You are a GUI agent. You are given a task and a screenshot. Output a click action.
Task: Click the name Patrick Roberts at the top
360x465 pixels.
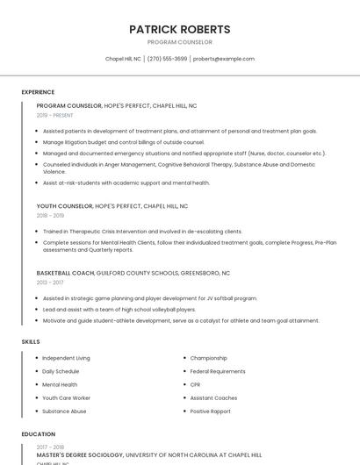pyautogui.click(x=179, y=29)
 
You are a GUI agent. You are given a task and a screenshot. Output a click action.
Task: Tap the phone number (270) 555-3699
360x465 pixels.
pyautogui.click(x=167, y=59)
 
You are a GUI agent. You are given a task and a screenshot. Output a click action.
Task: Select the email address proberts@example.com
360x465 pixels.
pyautogui.click(x=224, y=59)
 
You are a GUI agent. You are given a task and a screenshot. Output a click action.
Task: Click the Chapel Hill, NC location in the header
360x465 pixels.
pyautogui.click(x=123, y=59)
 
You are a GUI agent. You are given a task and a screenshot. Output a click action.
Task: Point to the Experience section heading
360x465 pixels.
pyautogui.click(x=38, y=92)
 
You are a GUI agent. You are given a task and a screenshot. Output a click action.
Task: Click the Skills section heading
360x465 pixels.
pyautogui.click(x=31, y=341)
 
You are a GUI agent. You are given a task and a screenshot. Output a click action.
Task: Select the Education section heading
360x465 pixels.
pyautogui.click(x=38, y=433)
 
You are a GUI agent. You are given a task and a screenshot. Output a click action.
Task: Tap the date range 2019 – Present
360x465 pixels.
pyautogui.click(x=55, y=115)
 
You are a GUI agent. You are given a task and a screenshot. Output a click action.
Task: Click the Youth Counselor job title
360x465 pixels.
pyautogui.click(x=65, y=206)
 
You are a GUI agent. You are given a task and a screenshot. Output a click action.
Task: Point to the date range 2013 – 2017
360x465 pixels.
pyautogui.click(x=50, y=283)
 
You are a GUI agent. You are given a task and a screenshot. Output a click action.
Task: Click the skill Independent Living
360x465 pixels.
pyautogui.click(x=66, y=358)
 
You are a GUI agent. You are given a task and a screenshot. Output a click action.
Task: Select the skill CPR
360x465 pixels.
pyautogui.click(x=196, y=384)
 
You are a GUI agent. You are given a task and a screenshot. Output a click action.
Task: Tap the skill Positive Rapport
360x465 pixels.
pyautogui.click(x=211, y=411)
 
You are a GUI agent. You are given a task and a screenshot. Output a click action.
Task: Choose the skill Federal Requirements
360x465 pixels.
pyautogui.click(x=218, y=371)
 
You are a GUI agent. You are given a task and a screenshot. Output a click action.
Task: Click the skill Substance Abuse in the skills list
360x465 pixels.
pyautogui.click(x=64, y=411)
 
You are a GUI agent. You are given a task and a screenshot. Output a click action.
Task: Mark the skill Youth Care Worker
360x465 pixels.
pyautogui.click(x=66, y=397)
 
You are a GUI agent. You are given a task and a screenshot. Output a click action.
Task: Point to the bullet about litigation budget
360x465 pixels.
pyautogui.click(x=123, y=141)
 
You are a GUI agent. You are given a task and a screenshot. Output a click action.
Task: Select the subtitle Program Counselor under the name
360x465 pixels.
pyautogui.click(x=179, y=42)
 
